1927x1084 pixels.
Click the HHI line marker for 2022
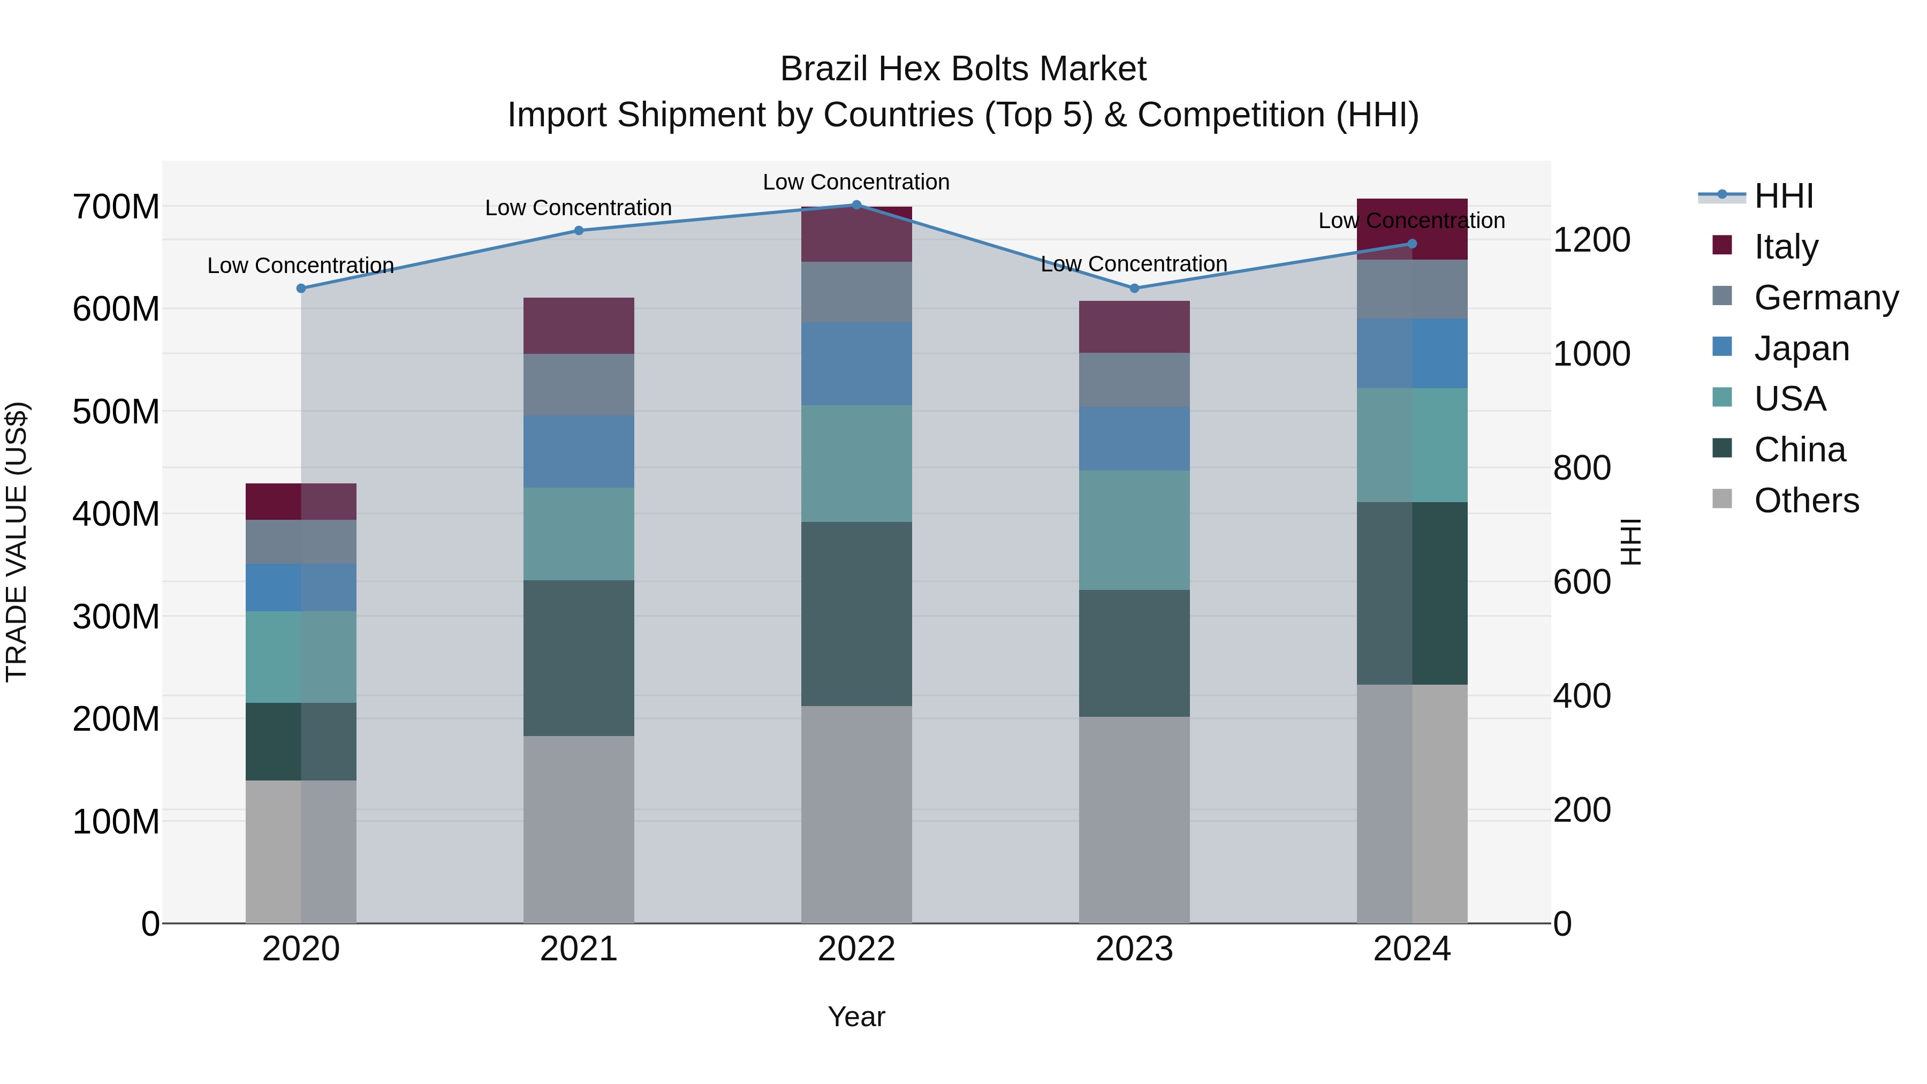856,204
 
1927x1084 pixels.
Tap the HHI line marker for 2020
301,288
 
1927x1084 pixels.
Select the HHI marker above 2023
1134,288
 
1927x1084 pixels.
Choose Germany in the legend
1825,297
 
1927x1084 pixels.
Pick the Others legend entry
1806,500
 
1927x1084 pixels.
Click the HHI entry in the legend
1784,196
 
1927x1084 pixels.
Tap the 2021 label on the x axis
578,949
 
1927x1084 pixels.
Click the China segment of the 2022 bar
856,613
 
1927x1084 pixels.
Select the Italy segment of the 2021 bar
578,325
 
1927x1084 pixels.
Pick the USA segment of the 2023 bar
1134,529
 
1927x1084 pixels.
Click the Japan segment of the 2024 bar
1412,353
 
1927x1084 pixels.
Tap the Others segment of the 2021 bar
578,829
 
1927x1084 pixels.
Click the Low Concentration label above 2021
578,208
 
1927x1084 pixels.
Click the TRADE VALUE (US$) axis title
17,542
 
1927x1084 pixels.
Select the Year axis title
856,1017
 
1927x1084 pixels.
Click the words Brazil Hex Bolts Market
963,69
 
